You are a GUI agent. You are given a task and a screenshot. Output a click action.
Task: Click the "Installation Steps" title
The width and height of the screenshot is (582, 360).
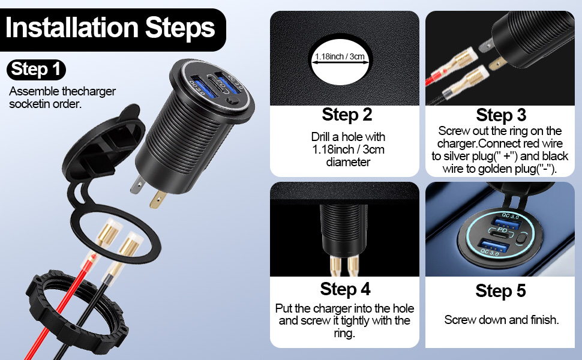[x=110, y=28]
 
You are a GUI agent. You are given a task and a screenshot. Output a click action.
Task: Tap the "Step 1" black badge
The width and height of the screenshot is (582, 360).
[x=36, y=70]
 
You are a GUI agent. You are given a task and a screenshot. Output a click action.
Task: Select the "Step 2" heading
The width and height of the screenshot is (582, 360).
[x=347, y=115]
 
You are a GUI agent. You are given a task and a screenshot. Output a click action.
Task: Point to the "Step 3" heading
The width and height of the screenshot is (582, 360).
[x=501, y=115]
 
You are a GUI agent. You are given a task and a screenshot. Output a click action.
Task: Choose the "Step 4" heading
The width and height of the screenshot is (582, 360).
[x=345, y=289]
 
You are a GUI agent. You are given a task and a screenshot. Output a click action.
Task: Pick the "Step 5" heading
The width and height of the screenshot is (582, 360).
[x=500, y=290]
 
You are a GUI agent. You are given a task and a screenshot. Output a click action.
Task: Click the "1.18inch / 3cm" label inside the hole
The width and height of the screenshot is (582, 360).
[x=340, y=56]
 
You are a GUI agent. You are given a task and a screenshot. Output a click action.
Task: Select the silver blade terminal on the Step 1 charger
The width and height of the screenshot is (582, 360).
[x=137, y=184]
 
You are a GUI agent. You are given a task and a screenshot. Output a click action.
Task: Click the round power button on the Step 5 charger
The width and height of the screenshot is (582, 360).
[x=521, y=238]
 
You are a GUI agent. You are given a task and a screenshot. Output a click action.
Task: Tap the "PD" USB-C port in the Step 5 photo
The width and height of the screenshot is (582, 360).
[x=502, y=233]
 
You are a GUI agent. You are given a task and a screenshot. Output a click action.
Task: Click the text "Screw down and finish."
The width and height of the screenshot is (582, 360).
[x=501, y=320]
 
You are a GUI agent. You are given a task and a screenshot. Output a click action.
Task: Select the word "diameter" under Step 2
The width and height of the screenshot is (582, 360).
[x=348, y=162]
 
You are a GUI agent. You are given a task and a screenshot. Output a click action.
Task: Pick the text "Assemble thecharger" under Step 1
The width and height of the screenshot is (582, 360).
[x=62, y=91]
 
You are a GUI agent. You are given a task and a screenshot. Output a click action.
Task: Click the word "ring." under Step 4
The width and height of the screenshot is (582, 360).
[x=344, y=333]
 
